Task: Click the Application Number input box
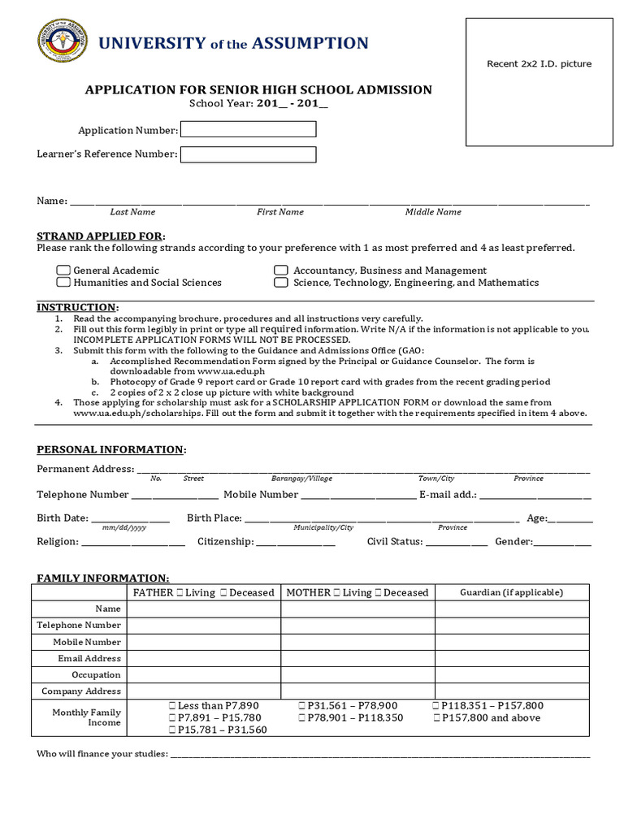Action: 248,129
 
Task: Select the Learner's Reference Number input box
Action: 248,154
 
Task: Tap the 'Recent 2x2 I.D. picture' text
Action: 539,64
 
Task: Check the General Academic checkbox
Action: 63,271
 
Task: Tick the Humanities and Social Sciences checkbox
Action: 63,283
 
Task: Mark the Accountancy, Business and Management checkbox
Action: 280,271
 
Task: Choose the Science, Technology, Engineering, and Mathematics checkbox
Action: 280,283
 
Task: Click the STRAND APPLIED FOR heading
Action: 101,236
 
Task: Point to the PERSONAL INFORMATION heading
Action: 111,449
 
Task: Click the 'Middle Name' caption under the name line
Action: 433,212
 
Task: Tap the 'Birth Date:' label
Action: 62,518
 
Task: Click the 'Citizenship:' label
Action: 225,542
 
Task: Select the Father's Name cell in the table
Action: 204,609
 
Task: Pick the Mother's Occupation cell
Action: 357,675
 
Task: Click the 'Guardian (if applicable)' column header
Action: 511,592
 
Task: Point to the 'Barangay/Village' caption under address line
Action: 301,479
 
